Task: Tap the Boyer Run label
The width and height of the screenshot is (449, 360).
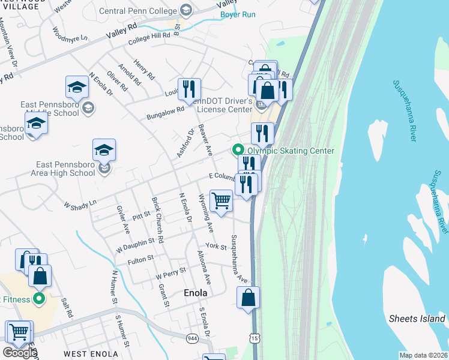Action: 238,14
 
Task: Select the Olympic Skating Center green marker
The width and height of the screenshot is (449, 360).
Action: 238,151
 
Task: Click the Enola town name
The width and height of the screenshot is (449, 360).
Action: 195,293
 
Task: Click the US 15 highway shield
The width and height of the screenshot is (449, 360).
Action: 256,340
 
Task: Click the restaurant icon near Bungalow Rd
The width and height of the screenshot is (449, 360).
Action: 189,89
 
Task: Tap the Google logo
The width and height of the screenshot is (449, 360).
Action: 20,352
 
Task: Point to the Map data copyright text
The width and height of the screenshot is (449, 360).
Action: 424,355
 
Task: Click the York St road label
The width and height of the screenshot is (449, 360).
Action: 215,247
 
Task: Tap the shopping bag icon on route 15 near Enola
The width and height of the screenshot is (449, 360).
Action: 248,298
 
